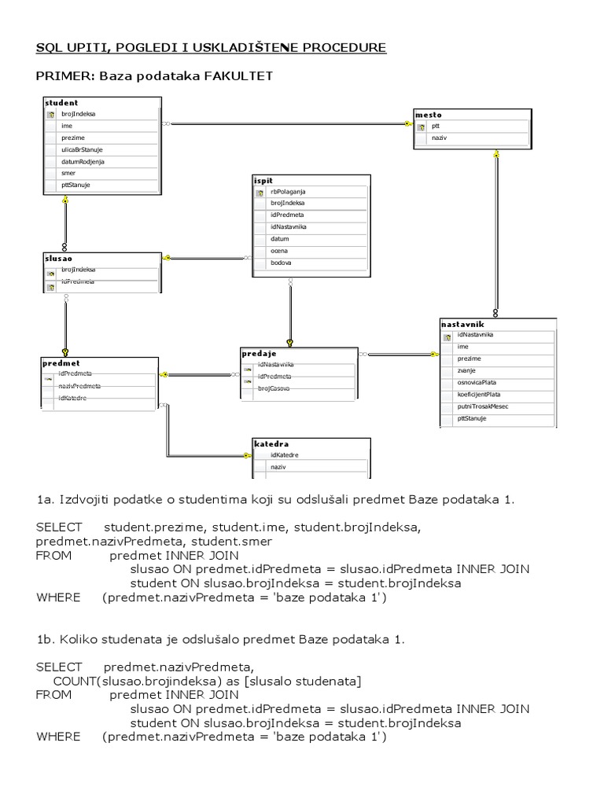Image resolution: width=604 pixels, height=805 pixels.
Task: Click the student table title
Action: coord(61,102)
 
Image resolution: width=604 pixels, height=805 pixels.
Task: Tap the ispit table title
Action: coord(263,180)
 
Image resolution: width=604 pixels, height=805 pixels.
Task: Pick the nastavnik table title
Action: coord(462,324)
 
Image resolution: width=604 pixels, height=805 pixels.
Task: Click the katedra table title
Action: coord(267,444)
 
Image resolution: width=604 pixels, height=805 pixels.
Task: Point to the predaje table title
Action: coord(259,354)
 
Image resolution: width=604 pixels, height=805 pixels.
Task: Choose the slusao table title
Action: coord(59,258)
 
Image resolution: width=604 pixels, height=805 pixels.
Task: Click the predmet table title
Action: coord(61,363)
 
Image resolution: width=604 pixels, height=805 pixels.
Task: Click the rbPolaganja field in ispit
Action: coord(287,191)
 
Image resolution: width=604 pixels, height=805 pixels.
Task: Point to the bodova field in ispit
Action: coord(280,263)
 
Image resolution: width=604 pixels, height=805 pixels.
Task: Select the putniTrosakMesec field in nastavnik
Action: coord(482,406)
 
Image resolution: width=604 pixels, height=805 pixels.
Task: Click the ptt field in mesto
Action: coord(436,125)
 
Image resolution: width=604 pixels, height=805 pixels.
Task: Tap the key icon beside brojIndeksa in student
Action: coord(50,114)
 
